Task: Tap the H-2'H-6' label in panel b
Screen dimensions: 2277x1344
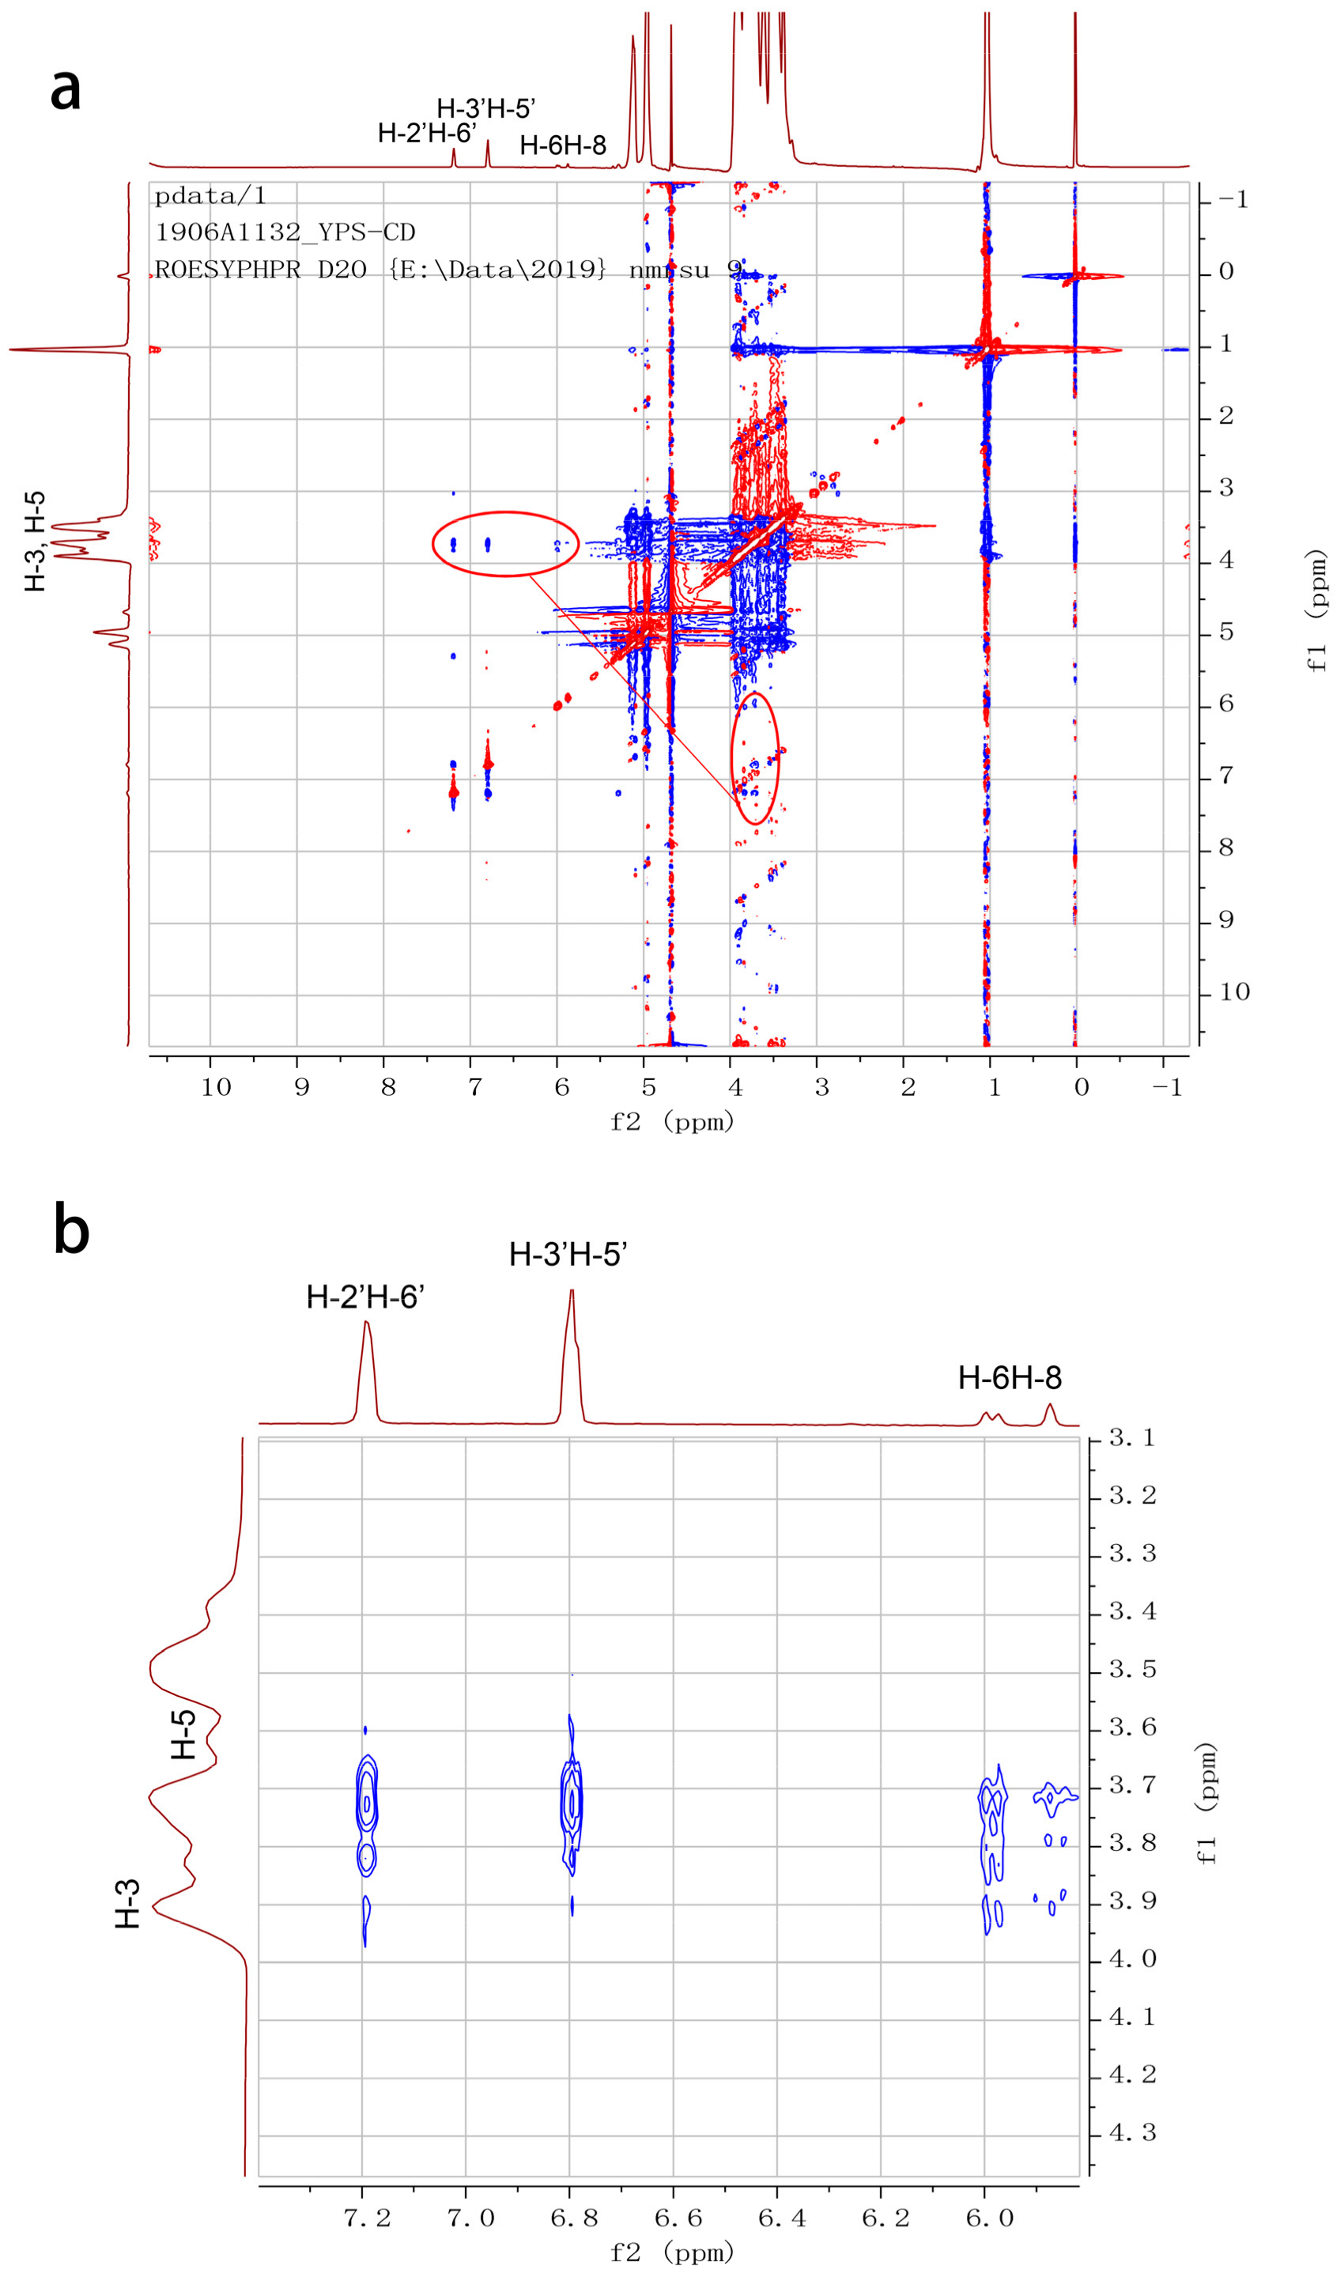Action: [365, 1297]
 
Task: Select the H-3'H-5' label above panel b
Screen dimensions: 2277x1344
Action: [568, 1255]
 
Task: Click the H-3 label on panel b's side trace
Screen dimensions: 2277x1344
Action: [128, 1904]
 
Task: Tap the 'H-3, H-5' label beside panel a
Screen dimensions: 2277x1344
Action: [35, 542]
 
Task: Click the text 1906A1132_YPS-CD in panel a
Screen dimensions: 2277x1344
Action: [285, 232]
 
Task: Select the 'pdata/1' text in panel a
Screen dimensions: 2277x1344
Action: [210, 195]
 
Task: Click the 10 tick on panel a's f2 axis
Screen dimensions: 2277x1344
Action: [216, 1087]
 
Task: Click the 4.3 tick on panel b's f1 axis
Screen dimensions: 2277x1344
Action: [1133, 2133]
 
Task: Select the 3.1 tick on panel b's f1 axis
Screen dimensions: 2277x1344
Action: [1133, 1438]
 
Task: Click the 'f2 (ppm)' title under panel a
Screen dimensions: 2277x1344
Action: [671, 1122]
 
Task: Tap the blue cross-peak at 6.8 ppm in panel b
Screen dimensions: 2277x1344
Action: [572, 1803]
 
